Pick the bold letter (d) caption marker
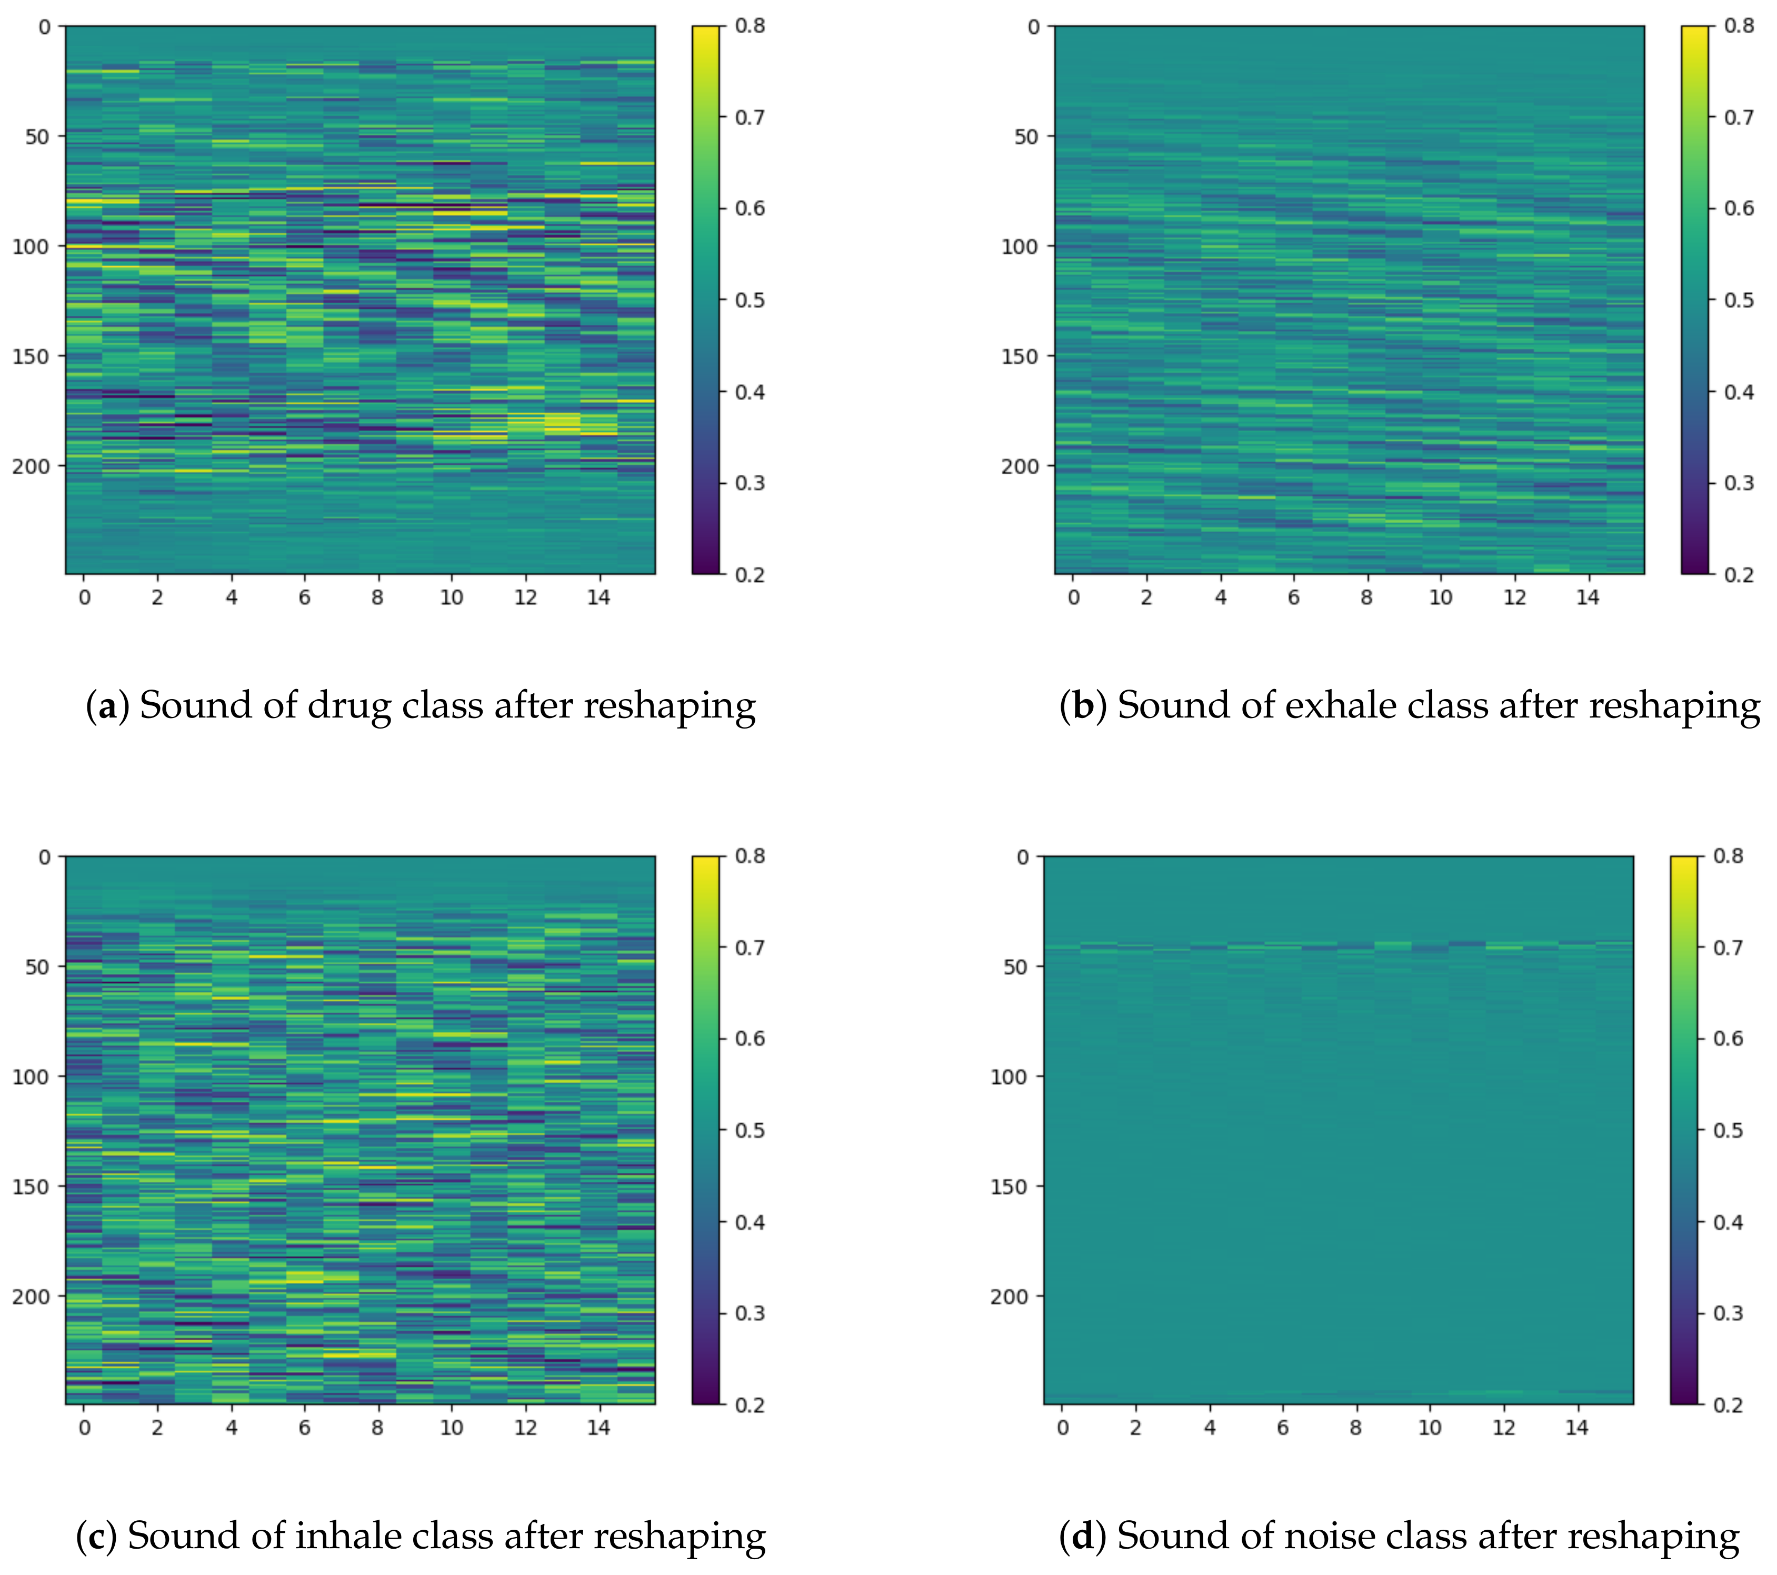point(1082,1537)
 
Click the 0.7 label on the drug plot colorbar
point(750,117)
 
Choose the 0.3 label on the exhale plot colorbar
point(1739,483)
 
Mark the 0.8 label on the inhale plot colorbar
point(750,856)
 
